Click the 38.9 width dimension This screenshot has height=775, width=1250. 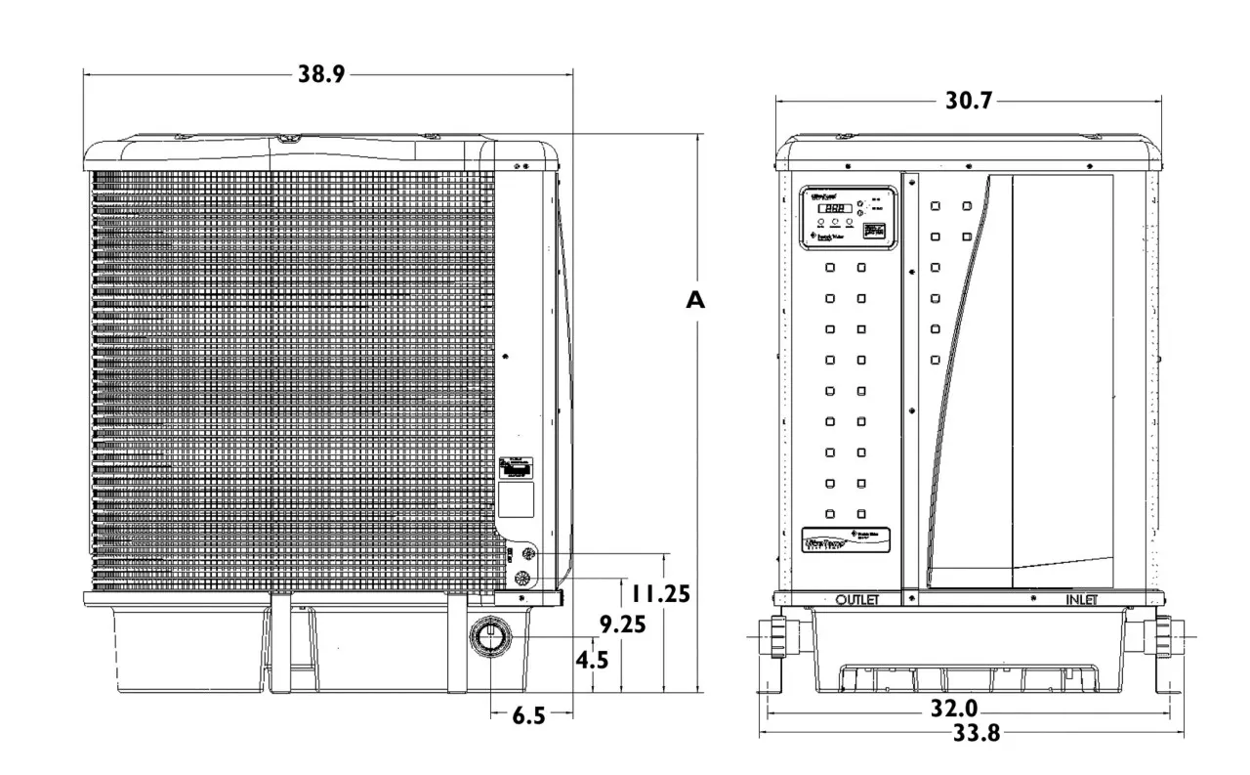point(321,74)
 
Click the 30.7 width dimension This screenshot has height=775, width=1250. point(968,100)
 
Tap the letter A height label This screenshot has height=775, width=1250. point(694,301)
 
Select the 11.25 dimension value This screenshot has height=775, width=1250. point(661,593)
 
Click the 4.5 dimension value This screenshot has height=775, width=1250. point(592,660)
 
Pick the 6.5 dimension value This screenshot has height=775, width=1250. point(528,716)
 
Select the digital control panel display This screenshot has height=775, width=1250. point(832,208)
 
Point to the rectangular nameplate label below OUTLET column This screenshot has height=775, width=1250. point(847,539)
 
